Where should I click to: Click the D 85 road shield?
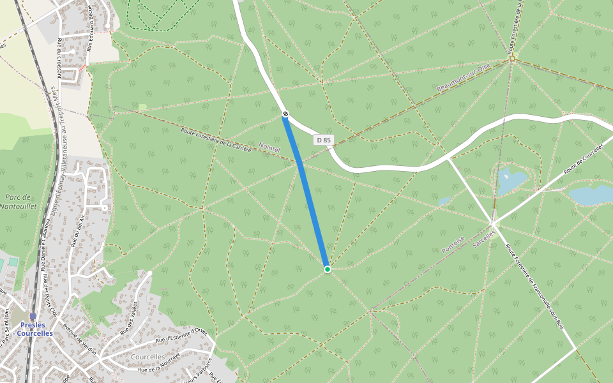[324, 140]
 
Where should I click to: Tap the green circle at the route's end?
[328, 269]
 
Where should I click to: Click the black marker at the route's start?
[285, 114]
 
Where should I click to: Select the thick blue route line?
[306, 191]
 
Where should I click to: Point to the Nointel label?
[270, 148]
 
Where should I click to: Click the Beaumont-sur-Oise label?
[463, 77]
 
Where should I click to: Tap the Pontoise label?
[453, 244]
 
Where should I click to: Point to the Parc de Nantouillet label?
[19, 202]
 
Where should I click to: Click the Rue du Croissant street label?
[59, 58]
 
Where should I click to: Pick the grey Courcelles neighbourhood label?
[148, 357]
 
